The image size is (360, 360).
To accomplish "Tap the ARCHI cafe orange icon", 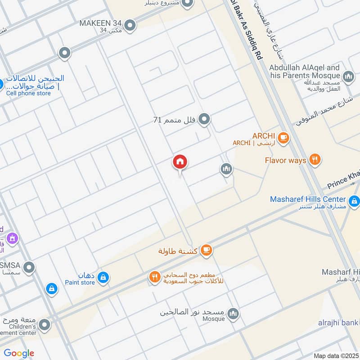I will click(x=283, y=138).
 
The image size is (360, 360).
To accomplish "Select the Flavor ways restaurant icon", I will click(x=315, y=160).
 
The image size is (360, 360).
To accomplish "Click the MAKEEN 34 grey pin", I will click(x=130, y=25).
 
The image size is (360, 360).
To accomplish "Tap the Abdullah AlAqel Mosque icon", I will click(x=348, y=77).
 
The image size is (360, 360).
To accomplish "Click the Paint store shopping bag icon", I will click(x=103, y=278).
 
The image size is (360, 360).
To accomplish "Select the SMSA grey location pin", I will click(x=29, y=268).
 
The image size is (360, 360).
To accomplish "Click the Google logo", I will click(x=19, y=353).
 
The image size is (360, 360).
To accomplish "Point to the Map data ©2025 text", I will click(x=335, y=355).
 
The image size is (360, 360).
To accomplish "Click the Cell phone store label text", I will click(x=28, y=93).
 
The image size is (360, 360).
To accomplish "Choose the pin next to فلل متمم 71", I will click(x=205, y=119).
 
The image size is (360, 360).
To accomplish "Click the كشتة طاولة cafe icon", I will click(x=206, y=250).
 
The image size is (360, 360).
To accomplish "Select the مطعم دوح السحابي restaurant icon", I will click(x=155, y=278).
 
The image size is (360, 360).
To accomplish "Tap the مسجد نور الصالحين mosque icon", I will click(x=233, y=314).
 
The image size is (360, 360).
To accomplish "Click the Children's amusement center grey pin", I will click(x=44, y=324).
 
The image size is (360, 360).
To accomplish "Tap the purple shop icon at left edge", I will click(x=12, y=238).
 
